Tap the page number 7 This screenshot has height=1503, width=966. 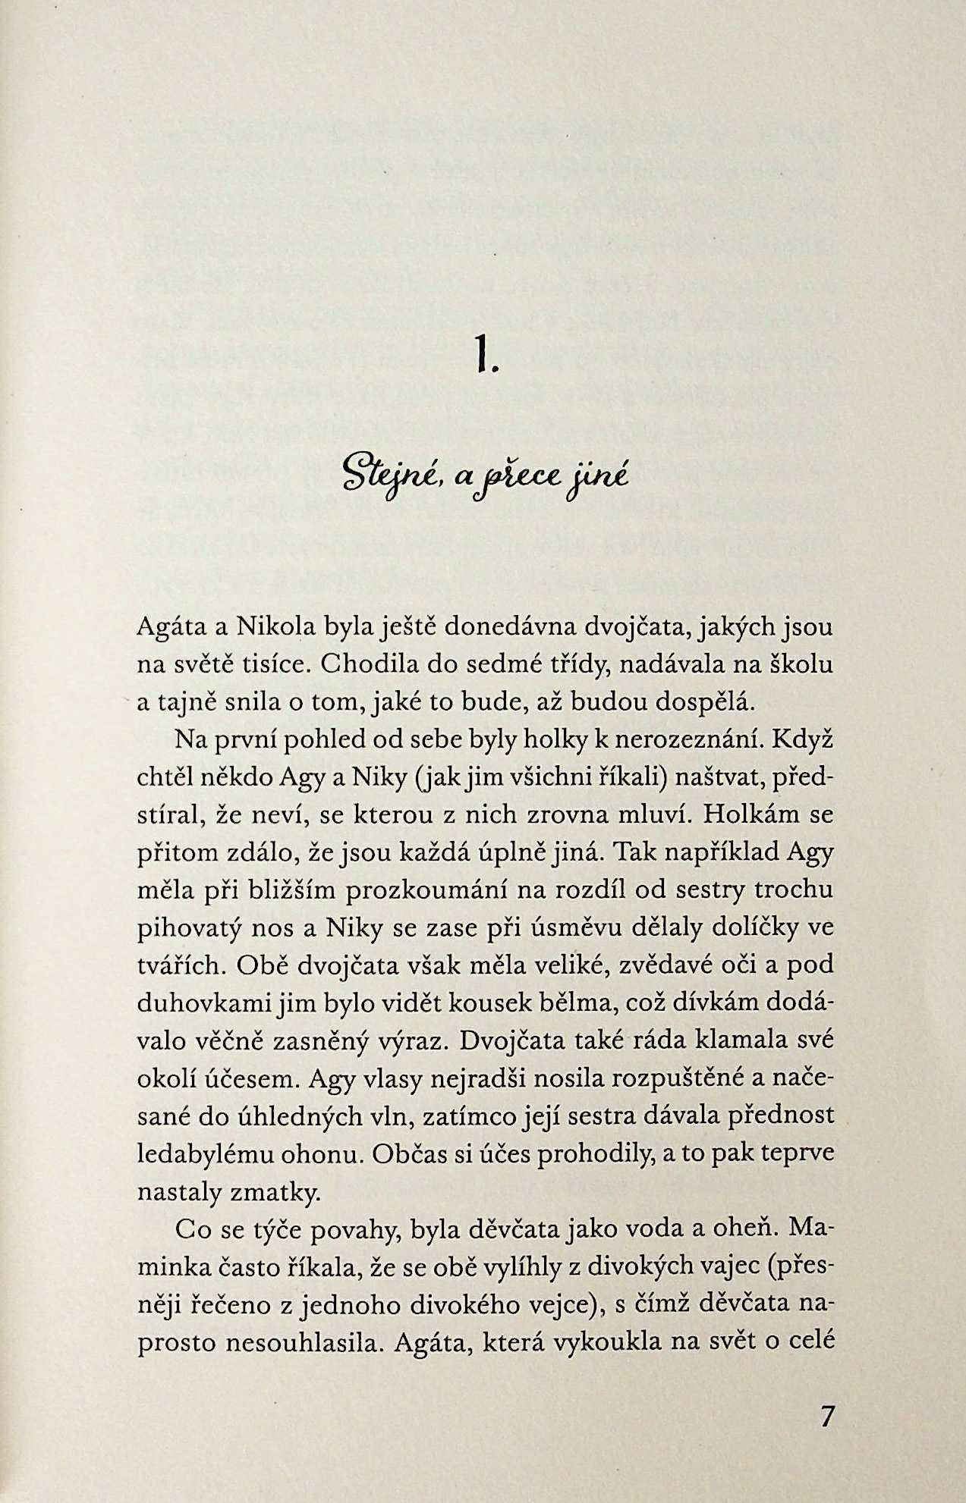pos(827,1416)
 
